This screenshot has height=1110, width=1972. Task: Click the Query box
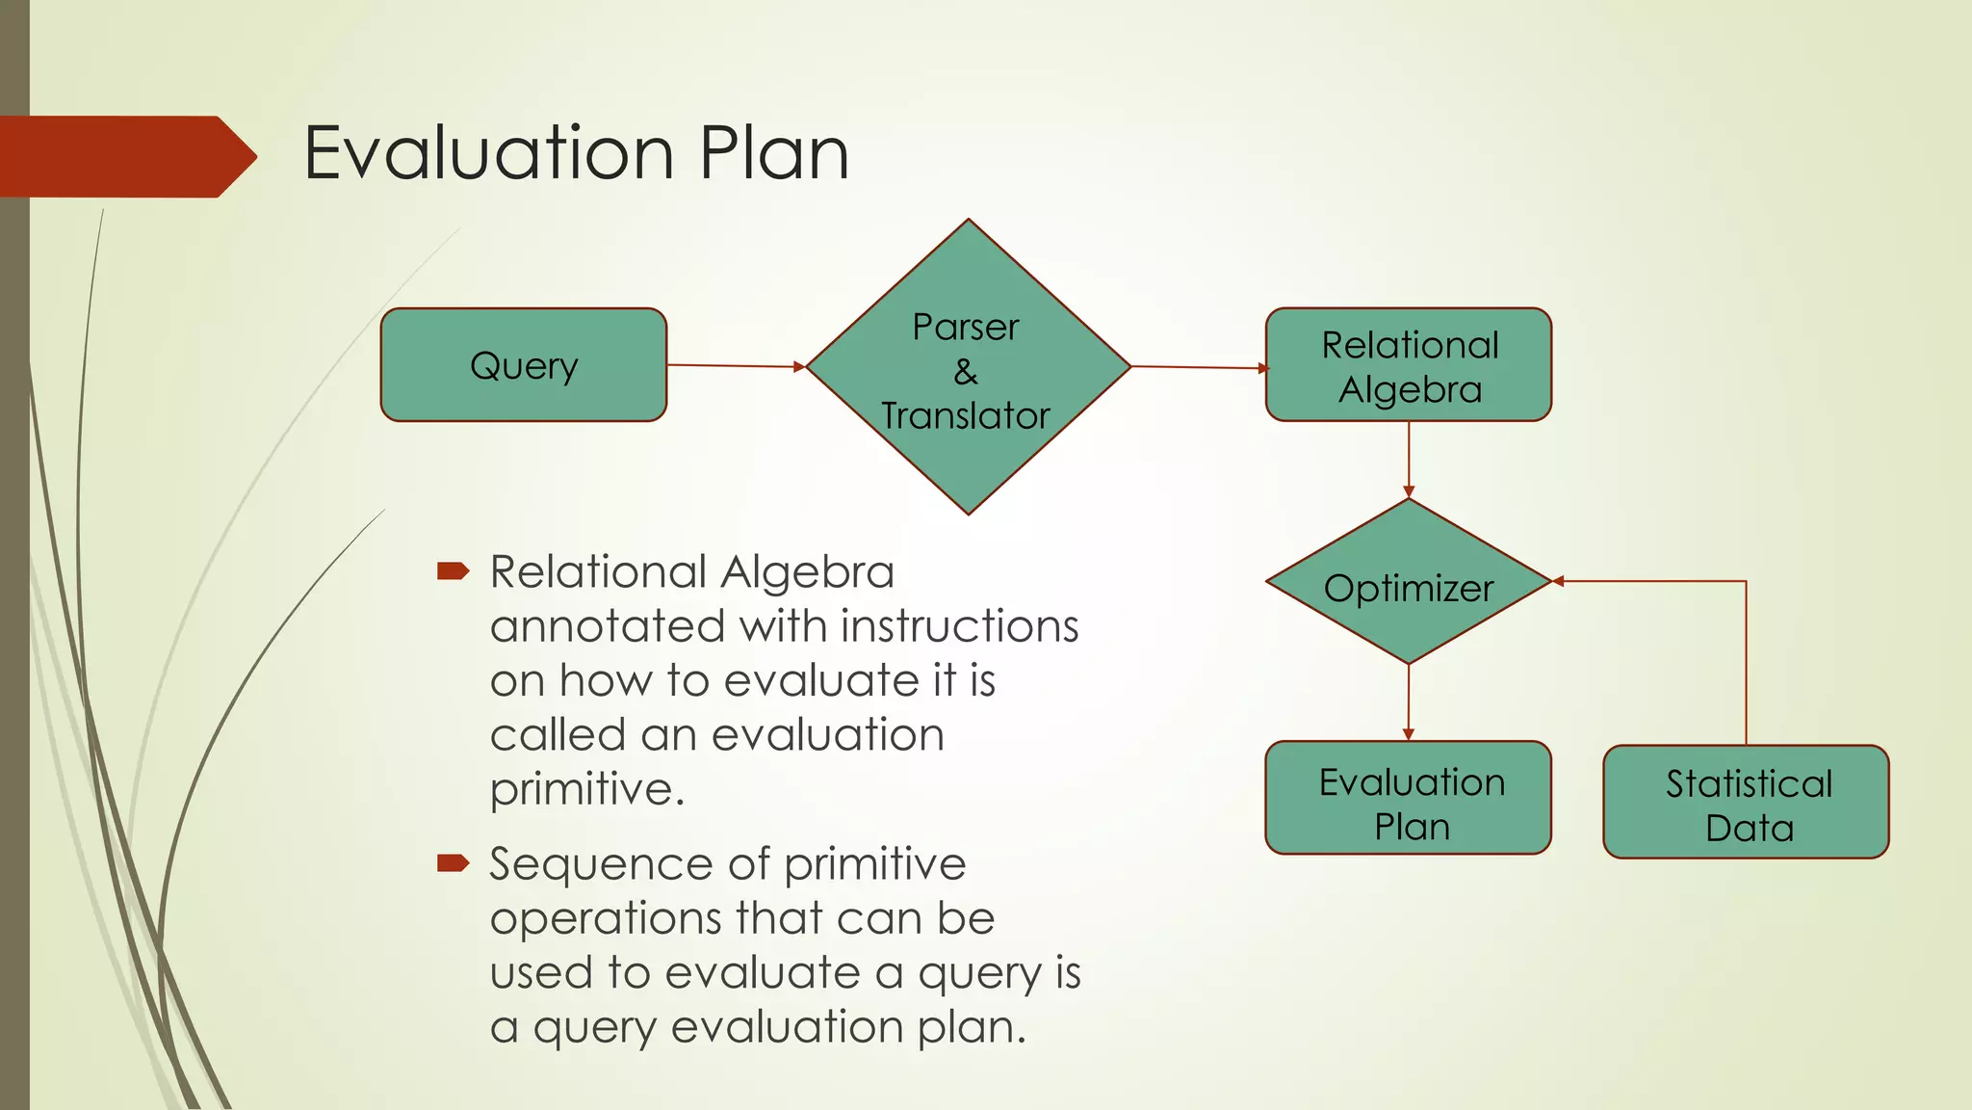pyautogui.click(x=523, y=365)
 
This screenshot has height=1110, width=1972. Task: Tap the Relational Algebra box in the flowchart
pyautogui.click(x=1408, y=365)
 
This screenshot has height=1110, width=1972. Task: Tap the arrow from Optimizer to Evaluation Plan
pyautogui.click(x=1409, y=701)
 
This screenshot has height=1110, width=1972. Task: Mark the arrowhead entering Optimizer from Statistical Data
pyautogui.click(x=1559, y=581)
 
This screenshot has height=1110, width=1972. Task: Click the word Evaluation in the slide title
pyautogui.click(x=488, y=153)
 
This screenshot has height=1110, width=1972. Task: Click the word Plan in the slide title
pyautogui.click(x=774, y=153)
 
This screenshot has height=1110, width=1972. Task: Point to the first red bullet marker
pyautogui.click(x=453, y=571)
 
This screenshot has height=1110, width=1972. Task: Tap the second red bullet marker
pyautogui.click(x=453, y=862)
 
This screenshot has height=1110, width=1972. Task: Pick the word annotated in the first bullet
pyautogui.click(x=607, y=627)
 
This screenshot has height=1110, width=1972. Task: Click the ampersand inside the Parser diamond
pyautogui.click(x=966, y=372)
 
